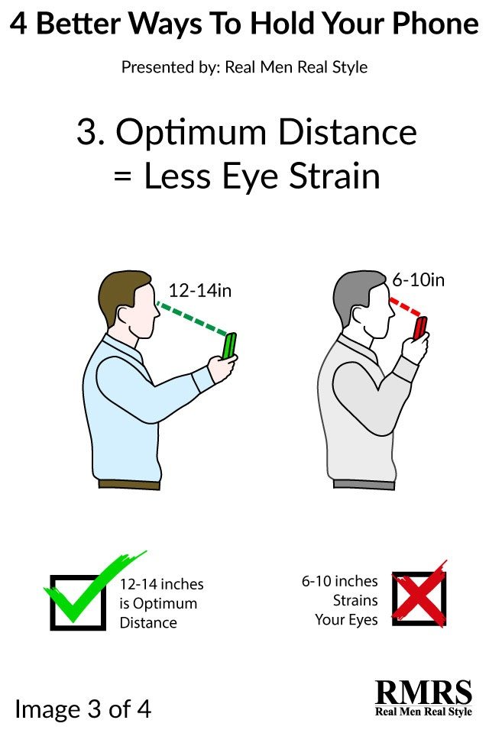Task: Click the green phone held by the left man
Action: click(x=229, y=344)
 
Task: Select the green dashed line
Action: click(x=193, y=318)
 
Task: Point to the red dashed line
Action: click(x=403, y=308)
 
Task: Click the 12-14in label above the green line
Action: click(x=200, y=291)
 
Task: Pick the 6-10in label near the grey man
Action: click(x=418, y=279)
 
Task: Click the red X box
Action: click(x=419, y=598)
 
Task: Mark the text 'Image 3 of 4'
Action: click(x=83, y=709)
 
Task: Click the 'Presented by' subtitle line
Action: click(x=244, y=67)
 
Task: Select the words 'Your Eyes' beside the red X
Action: click(x=346, y=619)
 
